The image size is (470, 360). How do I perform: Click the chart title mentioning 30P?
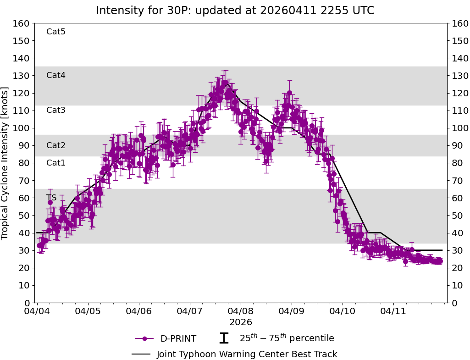coord(235,11)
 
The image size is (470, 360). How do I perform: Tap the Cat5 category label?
coord(56,32)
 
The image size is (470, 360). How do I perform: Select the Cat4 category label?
coord(56,75)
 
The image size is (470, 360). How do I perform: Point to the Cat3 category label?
coord(56,110)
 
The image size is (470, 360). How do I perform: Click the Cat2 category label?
coord(56,145)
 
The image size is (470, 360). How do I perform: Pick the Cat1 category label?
coord(56,163)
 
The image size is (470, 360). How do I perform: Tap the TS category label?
coord(51,198)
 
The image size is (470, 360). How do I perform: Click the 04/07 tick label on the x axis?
coord(190,312)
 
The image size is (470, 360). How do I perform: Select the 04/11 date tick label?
coord(394,312)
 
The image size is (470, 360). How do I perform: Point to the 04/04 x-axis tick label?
coord(37,312)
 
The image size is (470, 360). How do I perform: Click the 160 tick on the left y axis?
coord(22,23)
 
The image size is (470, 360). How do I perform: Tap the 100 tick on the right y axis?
coord(459,128)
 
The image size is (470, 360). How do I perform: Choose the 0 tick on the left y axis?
coord(27,303)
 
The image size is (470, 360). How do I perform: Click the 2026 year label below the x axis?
coord(241,322)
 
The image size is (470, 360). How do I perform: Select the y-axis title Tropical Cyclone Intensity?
coord(6,163)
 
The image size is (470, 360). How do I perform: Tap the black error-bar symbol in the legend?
coord(224,338)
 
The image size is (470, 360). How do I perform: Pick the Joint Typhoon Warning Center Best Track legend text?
coord(247,354)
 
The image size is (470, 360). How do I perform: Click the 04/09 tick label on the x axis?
coord(292,312)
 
